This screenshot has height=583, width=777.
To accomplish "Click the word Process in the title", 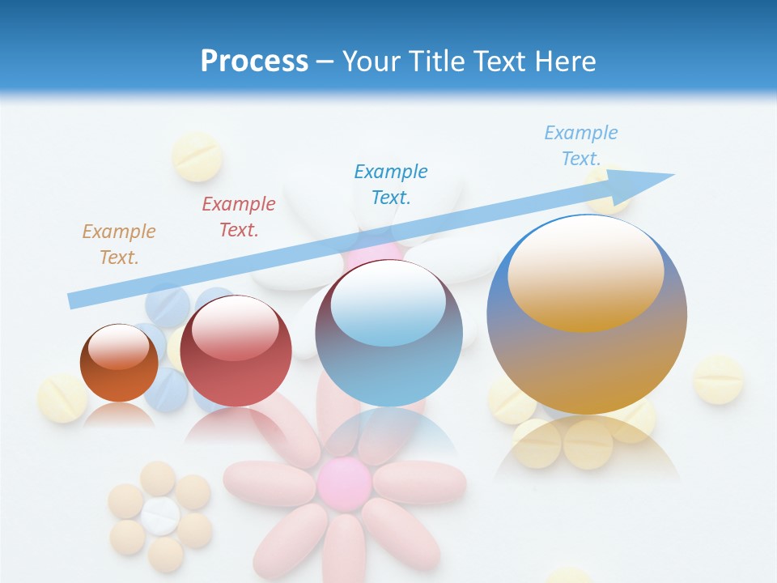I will pos(254,62).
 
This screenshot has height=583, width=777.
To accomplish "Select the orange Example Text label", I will pos(118,244).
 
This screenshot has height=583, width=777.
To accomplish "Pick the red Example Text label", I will pos(238,217).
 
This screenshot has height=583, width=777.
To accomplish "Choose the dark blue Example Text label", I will pos(391,184).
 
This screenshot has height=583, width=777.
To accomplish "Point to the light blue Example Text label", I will pos(580,146).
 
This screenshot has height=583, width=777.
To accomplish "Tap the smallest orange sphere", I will pos(119,363).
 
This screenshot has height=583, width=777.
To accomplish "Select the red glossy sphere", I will pos(236,351).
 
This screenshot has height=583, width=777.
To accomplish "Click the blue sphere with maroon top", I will pos(388,334).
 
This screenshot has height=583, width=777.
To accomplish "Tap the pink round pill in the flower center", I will pos(344,483).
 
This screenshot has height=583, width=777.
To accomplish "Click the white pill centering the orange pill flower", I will pos(160,516).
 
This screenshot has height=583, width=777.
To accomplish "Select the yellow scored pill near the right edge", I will pos(718,379).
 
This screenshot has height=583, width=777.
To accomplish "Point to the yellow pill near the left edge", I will pos(62,398).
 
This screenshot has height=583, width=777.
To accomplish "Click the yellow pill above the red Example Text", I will pos(197,156).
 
